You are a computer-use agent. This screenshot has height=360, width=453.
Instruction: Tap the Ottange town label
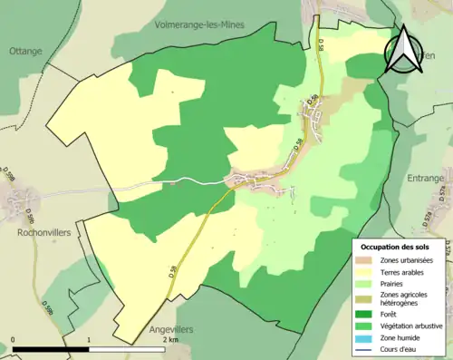pos(25,51)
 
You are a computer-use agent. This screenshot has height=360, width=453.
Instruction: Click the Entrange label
pos(426,178)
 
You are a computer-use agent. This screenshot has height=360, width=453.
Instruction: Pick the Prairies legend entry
pos(395,283)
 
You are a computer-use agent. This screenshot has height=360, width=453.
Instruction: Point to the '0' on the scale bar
pos(14,340)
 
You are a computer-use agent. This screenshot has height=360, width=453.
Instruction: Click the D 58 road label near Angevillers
pos(171,269)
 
